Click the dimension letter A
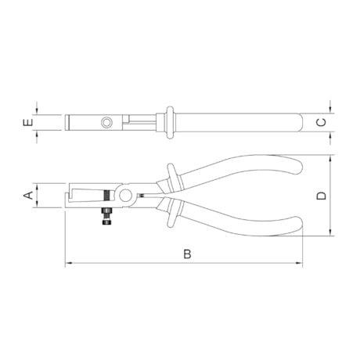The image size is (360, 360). [x=28, y=195]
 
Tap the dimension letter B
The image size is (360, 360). [x=187, y=254]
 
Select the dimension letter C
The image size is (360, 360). [x=322, y=122]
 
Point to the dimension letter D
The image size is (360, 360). [x=322, y=196]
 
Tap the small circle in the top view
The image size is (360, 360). [x=106, y=122]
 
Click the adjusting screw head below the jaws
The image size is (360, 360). [x=106, y=222]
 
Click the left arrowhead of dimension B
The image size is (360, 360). [x=68, y=263]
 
